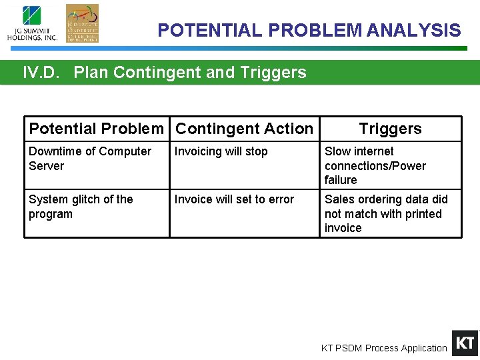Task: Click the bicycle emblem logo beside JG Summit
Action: (82, 23)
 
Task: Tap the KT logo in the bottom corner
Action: (465, 343)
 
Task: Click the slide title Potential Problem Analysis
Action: (309, 31)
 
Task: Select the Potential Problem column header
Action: (96, 129)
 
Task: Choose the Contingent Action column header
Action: (244, 129)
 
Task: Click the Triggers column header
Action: (390, 129)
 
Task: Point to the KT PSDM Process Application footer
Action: (384, 348)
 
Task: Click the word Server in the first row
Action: (46, 166)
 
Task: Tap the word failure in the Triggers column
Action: (341, 180)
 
